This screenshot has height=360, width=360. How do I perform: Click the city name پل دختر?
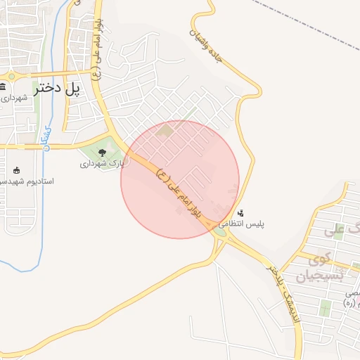point(53,89)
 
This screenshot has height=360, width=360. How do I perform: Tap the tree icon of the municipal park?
point(103,153)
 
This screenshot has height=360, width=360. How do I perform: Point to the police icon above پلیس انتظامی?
point(241,212)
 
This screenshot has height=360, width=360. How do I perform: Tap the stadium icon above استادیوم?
point(17,169)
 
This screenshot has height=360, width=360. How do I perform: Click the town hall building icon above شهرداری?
point(4,86)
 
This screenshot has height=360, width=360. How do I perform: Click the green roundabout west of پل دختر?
point(11,75)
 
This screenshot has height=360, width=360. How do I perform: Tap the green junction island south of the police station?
point(220,232)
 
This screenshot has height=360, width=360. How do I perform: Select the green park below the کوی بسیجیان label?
point(325,308)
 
